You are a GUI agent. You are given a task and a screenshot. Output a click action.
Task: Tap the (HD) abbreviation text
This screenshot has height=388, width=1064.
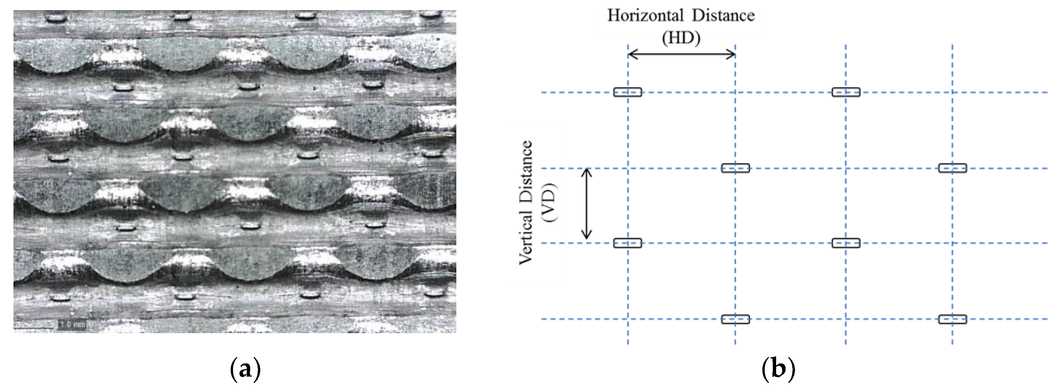(681, 38)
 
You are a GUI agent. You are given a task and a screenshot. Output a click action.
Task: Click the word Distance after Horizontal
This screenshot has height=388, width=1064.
(723, 16)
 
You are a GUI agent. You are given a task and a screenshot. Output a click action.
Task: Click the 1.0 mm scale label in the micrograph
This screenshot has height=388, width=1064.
(73, 324)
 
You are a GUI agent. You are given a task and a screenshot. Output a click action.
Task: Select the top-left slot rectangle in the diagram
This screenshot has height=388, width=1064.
(628, 92)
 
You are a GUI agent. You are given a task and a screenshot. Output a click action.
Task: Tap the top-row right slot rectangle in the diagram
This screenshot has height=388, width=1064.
(846, 92)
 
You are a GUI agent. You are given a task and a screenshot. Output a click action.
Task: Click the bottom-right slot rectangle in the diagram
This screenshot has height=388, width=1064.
(952, 319)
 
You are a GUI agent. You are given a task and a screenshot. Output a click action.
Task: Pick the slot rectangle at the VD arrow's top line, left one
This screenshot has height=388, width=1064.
(735, 168)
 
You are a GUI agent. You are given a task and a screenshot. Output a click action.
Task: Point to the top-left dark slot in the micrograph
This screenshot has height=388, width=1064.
(56, 18)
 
